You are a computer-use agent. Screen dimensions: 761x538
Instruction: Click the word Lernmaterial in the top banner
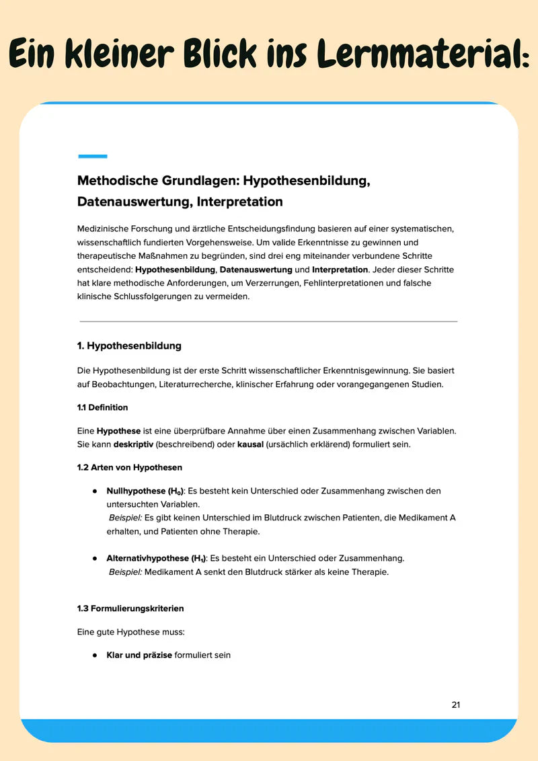tap(418, 53)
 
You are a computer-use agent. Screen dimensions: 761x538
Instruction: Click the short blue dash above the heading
tap(93, 156)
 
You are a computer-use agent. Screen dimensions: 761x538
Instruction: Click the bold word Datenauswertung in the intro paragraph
tap(256, 270)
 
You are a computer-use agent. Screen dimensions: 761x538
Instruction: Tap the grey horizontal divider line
tap(268, 321)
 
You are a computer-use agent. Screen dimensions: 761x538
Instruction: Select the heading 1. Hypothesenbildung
tap(129, 346)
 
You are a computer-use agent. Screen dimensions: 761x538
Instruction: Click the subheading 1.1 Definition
tap(102, 407)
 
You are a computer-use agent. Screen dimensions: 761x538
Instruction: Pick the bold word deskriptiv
tap(134, 444)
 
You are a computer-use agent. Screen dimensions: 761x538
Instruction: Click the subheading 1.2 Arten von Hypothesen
tap(129, 467)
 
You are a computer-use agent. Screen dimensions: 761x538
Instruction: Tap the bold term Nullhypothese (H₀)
tap(145, 491)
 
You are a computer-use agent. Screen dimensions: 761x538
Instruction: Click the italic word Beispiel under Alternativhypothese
tap(125, 573)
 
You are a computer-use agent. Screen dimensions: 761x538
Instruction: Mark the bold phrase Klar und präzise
tap(139, 655)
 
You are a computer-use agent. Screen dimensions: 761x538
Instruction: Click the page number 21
tap(456, 705)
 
